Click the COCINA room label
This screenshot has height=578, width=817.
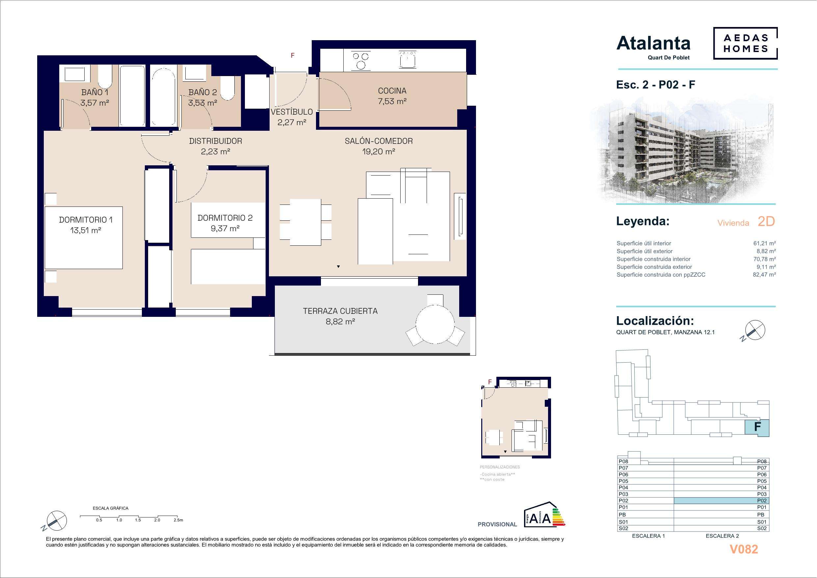click(x=392, y=91)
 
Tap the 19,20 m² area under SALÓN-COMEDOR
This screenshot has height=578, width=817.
click(x=379, y=152)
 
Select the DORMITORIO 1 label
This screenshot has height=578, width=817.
click(x=86, y=220)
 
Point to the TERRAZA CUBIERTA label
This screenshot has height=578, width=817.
click(x=340, y=311)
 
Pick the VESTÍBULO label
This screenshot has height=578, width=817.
click(x=291, y=112)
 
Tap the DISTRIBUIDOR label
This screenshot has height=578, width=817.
click(x=215, y=141)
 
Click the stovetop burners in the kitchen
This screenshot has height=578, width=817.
click(x=361, y=61)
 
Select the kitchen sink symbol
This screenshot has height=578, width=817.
click(x=408, y=60)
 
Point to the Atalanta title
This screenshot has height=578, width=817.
click(x=653, y=43)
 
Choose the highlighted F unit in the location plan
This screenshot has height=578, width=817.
click(x=757, y=428)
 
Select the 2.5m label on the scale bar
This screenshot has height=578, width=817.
click(x=178, y=520)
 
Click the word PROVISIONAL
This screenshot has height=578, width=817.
click(x=497, y=524)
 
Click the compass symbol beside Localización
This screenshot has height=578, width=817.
click(x=755, y=330)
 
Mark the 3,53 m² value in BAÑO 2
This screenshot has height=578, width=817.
click(x=203, y=103)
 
